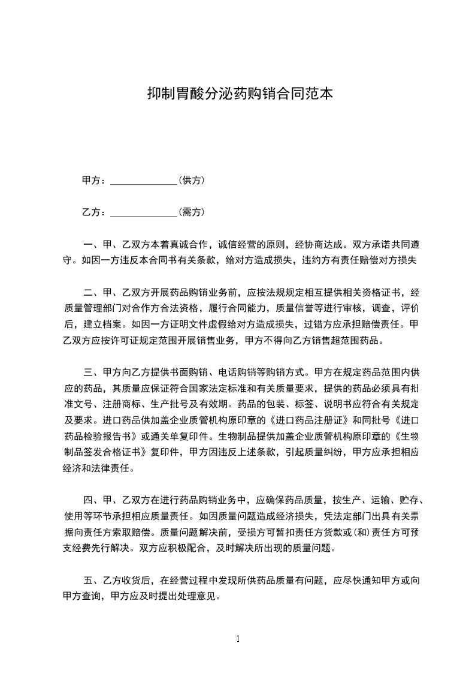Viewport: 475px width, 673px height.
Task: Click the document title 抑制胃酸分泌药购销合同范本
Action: point(240,94)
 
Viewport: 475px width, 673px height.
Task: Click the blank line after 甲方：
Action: point(144,181)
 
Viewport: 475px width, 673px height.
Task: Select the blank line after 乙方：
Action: point(144,212)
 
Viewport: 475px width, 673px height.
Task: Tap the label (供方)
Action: point(192,180)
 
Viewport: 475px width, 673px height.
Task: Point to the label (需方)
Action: point(192,212)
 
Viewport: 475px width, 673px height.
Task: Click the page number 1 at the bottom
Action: point(238,638)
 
